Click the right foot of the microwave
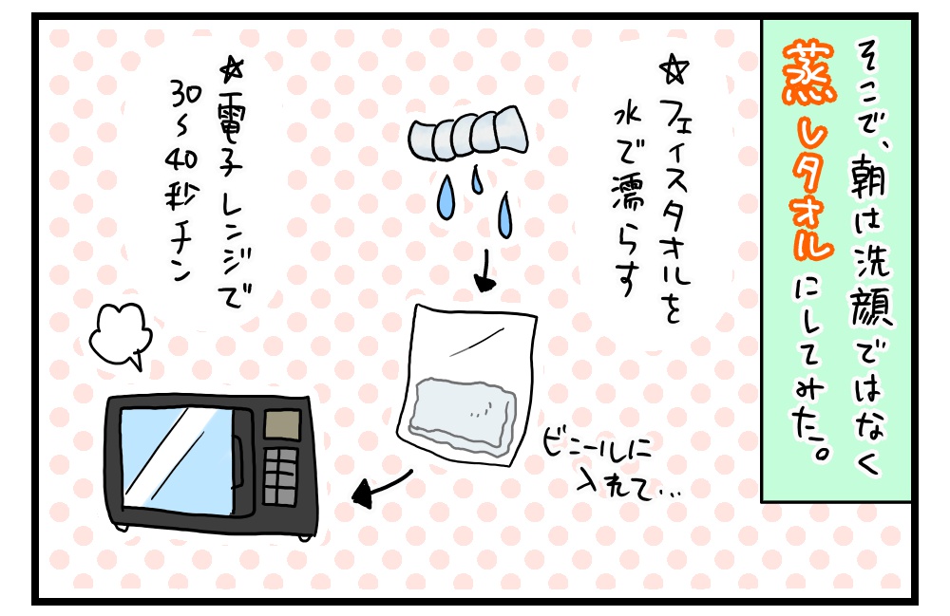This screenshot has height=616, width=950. pos(302,537)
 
